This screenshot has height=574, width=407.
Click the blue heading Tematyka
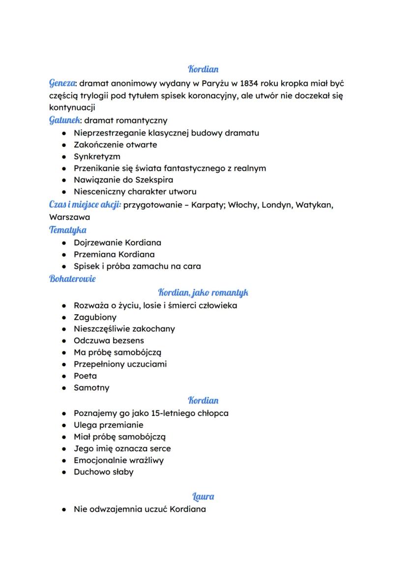tap(68, 229)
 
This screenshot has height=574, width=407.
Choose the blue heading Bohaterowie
tap(72, 279)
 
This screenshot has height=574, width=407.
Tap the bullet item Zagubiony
tap(95, 317)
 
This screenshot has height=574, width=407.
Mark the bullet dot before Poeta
tap(63, 376)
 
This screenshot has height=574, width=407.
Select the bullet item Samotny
tap(91, 388)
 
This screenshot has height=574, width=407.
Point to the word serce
tap(160, 449)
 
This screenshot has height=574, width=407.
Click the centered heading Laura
tap(203, 496)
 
